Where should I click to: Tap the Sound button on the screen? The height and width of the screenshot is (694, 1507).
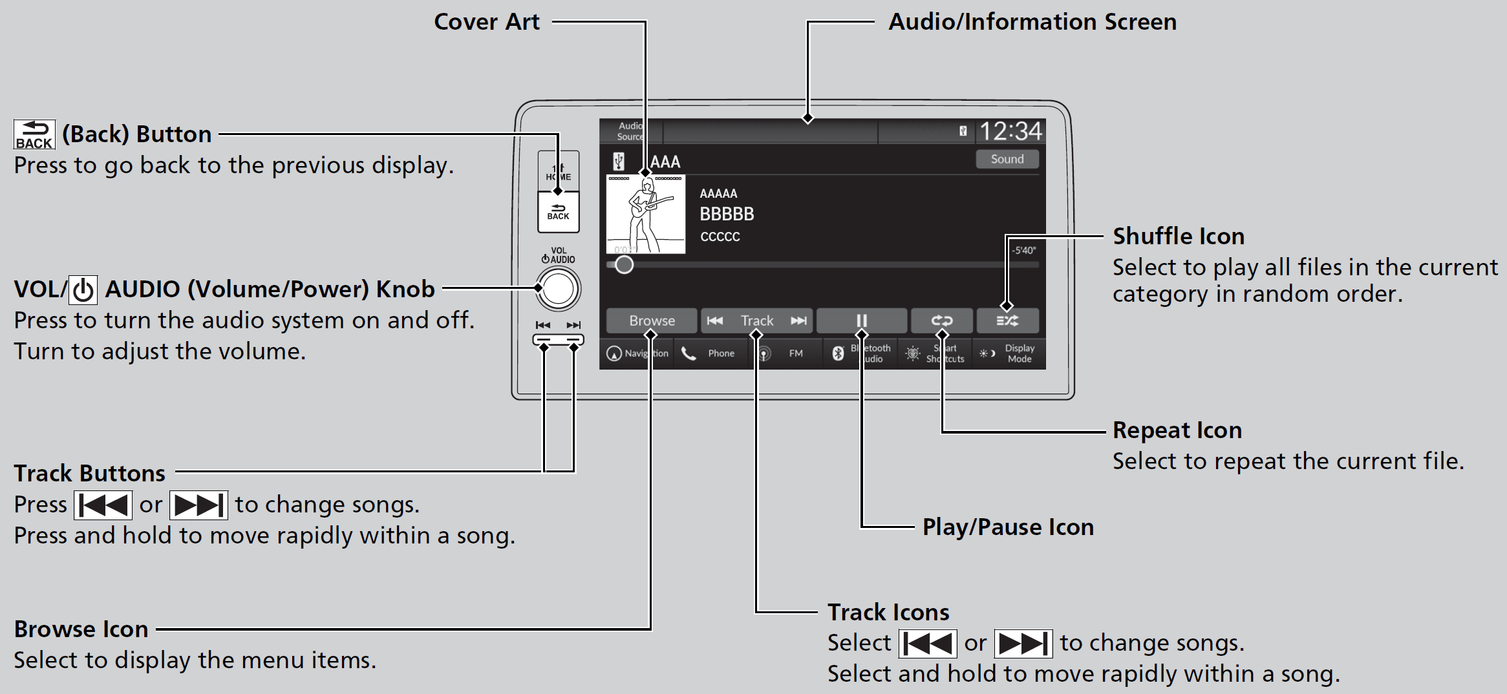tap(1007, 159)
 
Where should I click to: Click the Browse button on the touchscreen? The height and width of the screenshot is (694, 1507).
tap(652, 321)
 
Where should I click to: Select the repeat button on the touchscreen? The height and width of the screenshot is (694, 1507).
tap(941, 321)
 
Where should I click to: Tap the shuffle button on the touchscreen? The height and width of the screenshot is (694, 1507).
tap(1007, 321)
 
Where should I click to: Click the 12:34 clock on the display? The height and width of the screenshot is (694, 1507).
tap(1010, 132)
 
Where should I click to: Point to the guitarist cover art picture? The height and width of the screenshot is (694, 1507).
tap(645, 214)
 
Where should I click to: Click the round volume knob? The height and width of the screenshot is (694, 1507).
tap(558, 289)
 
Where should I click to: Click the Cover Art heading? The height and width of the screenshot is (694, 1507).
tap(486, 22)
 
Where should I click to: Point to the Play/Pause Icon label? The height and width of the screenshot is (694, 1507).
tap(1008, 527)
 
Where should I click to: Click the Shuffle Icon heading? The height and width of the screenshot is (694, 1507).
tap(1178, 237)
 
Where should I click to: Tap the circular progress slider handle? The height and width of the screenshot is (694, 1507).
tap(624, 264)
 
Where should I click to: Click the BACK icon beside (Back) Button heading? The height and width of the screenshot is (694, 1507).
tap(34, 134)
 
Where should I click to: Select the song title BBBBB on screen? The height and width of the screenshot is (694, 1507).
tap(727, 214)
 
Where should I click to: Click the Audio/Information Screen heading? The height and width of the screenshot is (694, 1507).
tap(1032, 22)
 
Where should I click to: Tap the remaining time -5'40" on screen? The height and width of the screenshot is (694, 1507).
tap(1024, 251)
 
